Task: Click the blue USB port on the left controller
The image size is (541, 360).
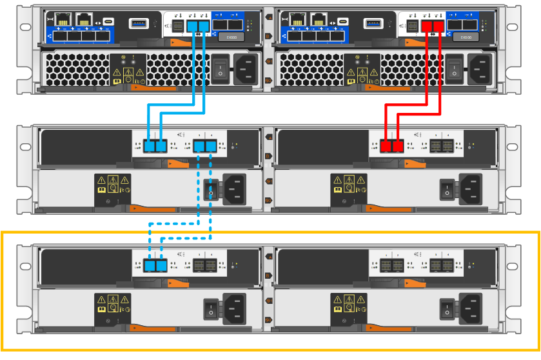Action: pos(138,23)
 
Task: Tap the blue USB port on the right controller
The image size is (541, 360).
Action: pos(371,23)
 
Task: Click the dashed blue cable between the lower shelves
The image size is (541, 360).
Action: pos(181,224)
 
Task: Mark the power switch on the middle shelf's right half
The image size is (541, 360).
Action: pos(446,188)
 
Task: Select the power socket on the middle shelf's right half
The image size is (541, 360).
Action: pos(469,188)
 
